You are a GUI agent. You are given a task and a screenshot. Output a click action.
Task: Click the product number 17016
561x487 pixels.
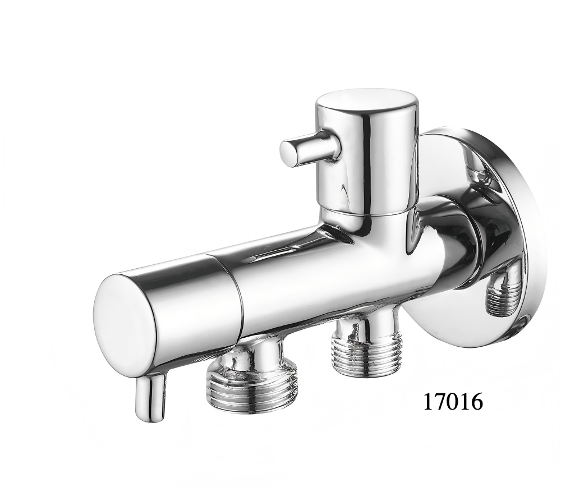(x=453, y=401)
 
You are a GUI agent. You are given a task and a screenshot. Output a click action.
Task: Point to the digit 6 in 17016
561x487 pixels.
(x=477, y=401)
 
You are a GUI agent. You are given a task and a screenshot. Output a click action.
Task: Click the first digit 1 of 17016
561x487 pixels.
(x=429, y=401)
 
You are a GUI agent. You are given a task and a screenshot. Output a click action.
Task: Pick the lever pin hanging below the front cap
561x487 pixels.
(x=150, y=397)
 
